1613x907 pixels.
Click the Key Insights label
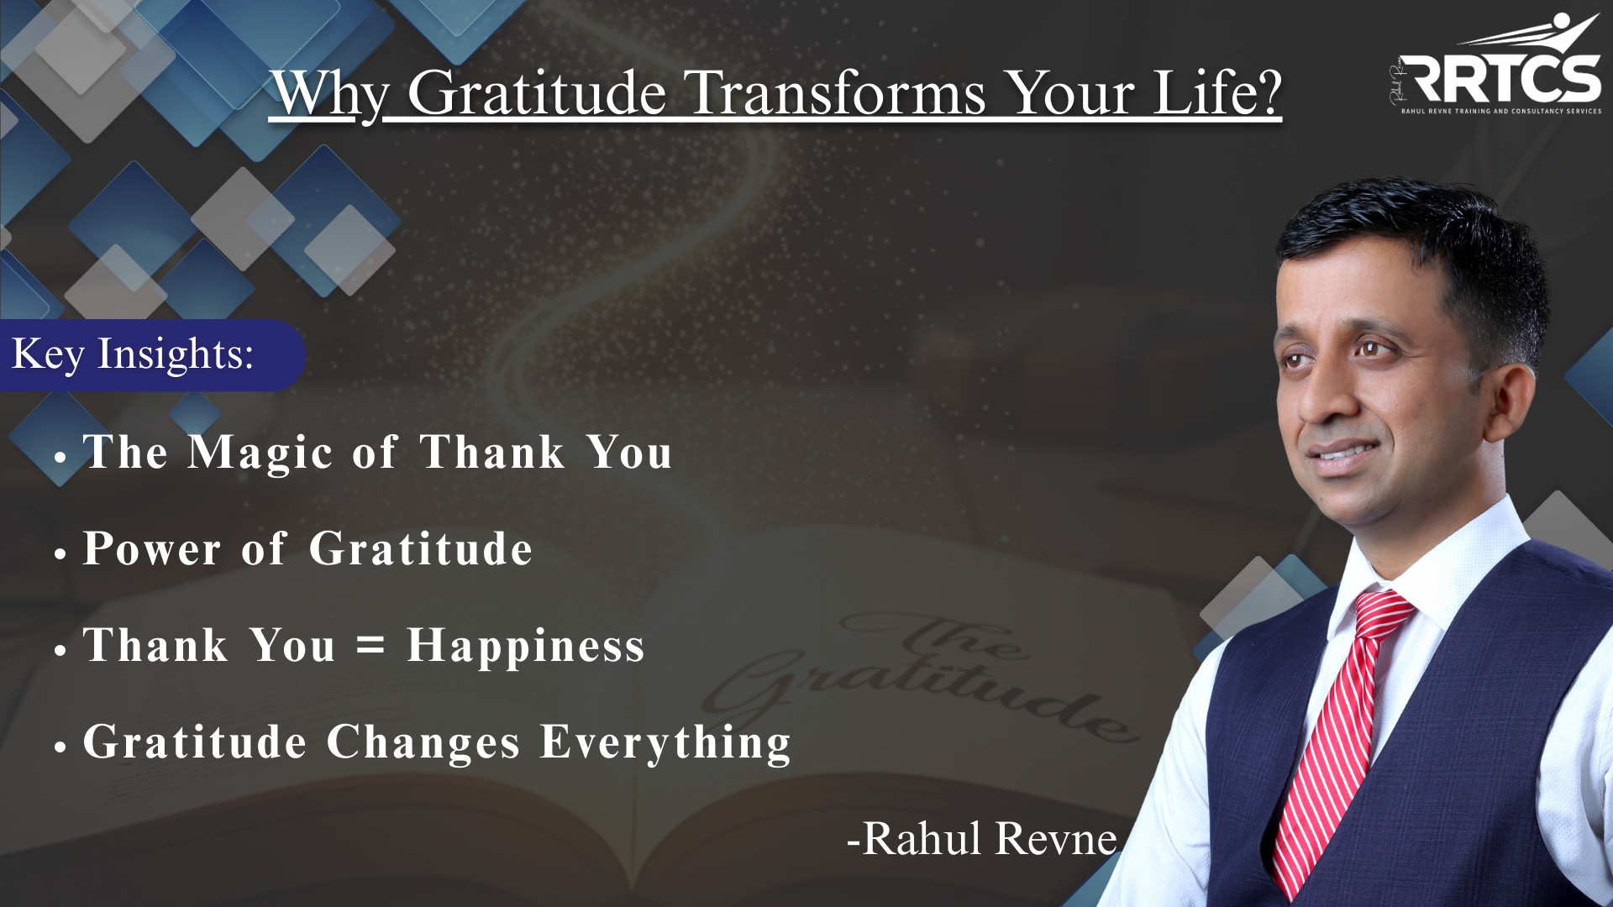133,354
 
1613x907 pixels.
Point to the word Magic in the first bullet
260,453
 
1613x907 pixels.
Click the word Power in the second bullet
152,549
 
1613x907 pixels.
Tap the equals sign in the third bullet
370,645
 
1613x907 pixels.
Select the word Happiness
526,647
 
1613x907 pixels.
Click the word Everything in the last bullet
665,743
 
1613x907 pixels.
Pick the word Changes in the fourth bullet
423,743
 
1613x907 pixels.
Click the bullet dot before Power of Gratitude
60,554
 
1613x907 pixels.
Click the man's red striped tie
1336,739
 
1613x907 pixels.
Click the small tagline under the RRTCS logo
1501,111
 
